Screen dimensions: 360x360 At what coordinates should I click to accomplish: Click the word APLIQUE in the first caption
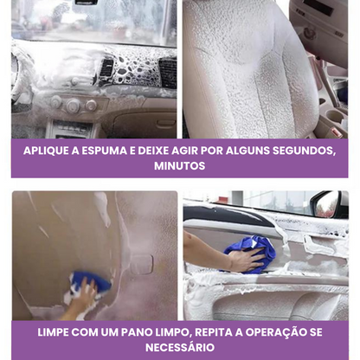pyautogui.click(x=46, y=151)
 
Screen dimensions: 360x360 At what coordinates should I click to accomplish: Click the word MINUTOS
pyautogui.click(x=180, y=166)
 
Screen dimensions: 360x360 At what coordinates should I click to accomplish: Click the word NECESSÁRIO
pyautogui.click(x=180, y=347)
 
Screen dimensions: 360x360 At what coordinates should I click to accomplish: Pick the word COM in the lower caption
pyautogui.click(x=84, y=332)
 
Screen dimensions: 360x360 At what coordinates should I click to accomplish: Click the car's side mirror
pyautogui.click(x=330, y=204)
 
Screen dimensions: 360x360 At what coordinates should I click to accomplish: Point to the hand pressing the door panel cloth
pyautogui.click(x=247, y=259)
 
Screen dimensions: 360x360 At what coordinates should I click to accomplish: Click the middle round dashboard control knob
pyautogui.click(x=74, y=106)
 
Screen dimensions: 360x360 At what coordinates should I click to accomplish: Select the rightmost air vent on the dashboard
pyautogui.click(x=168, y=73)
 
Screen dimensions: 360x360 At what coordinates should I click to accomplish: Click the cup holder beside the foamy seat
pyautogui.click(x=335, y=116)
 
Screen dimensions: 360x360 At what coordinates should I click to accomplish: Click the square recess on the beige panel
pyautogui.click(x=141, y=265)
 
